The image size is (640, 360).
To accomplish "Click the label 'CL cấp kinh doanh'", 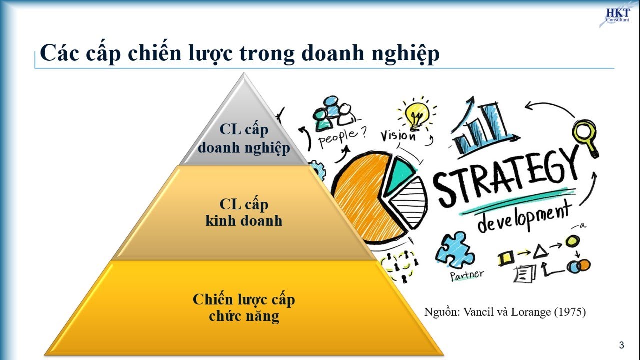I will click(x=244, y=212).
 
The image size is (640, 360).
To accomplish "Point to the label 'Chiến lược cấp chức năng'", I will click(x=244, y=307).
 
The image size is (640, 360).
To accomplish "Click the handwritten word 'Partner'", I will click(x=466, y=275).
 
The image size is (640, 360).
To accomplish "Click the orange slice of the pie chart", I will click(x=360, y=195).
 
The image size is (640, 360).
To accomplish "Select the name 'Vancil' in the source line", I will click(x=477, y=312).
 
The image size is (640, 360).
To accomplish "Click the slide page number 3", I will click(x=621, y=345).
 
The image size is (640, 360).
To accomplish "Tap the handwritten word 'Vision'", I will click(x=398, y=135).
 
